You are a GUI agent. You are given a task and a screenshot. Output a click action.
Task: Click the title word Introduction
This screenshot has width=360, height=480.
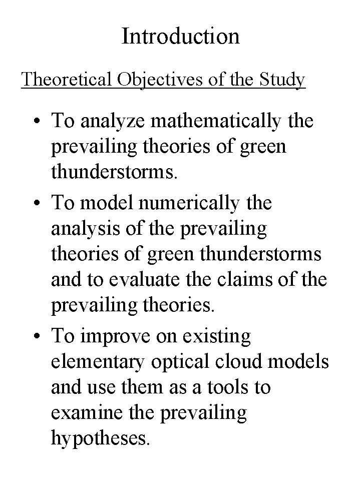pyautogui.click(x=180, y=36)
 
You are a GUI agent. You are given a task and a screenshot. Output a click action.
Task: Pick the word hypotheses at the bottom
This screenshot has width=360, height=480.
pyautogui.click(x=100, y=439)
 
